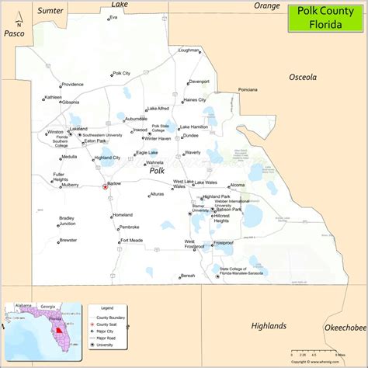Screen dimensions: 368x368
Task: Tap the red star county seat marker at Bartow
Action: point(104,186)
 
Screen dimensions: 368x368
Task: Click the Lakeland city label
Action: point(78,129)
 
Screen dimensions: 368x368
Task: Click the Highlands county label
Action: point(269,325)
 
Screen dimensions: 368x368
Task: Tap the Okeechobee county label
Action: point(345,328)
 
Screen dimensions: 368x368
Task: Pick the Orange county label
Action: point(266,5)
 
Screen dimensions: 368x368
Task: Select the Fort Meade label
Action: point(131,241)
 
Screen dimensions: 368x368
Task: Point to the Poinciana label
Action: point(248,90)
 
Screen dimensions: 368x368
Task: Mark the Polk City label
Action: point(121,74)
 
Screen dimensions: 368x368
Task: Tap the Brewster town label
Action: point(68,241)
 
